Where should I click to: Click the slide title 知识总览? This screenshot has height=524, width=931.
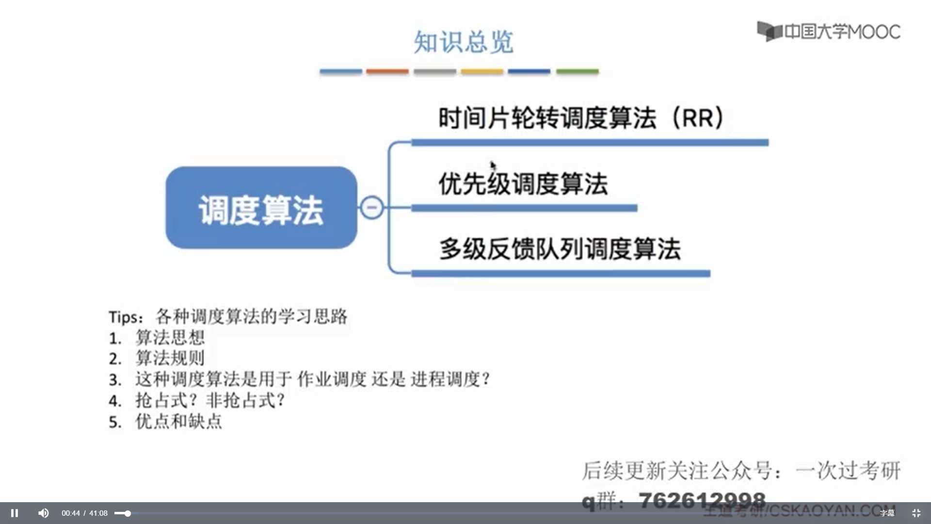tap(463, 42)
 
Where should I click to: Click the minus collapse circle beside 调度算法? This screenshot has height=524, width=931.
tap(372, 208)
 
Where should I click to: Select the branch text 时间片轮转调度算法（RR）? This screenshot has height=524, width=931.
tap(580, 118)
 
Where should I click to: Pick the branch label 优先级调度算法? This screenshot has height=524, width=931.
tap(523, 184)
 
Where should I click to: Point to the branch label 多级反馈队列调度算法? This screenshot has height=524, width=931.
tap(560, 249)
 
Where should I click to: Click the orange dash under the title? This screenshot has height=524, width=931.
tap(387, 71)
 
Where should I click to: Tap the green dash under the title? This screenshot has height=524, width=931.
tap(577, 71)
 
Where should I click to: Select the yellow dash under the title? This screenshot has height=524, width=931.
tap(482, 71)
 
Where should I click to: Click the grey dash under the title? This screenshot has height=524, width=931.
tap(434, 71)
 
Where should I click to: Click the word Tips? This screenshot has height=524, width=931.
tap(125, 317)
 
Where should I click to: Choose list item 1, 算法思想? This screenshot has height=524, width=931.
tap(170, 338)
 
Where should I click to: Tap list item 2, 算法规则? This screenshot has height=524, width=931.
tap(170, 359)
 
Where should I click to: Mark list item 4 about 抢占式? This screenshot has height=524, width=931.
tap(209, 401)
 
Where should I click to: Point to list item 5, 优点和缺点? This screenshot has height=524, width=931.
tap(178, 422)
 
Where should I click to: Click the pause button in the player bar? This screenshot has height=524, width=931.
tap(15, 513)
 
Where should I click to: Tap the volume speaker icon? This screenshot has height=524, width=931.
tap(43, 513)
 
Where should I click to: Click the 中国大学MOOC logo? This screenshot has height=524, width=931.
tap(829, 32)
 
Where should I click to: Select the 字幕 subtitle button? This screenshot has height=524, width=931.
tap(887, 513)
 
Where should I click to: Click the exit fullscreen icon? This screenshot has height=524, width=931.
tap(916, 513)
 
